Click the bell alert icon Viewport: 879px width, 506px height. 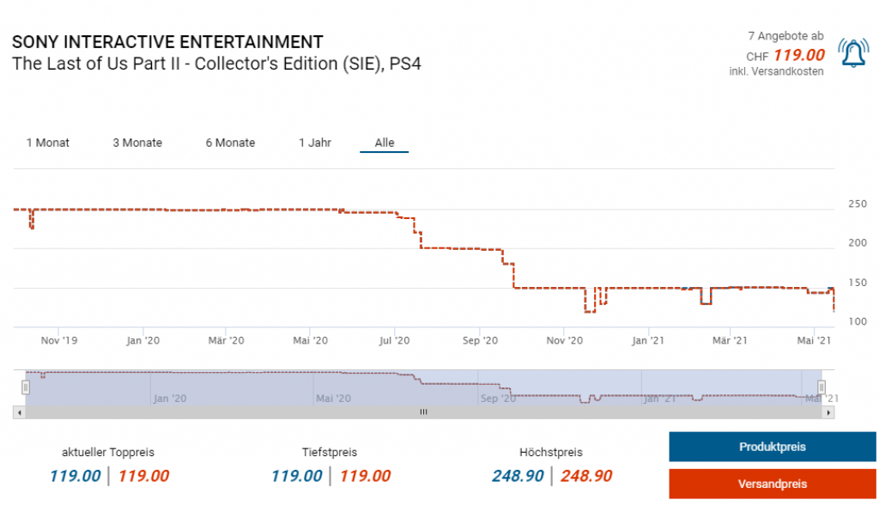coord(853,53)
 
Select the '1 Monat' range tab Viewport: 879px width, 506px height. coord(48,143)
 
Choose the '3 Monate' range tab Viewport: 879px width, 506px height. coord(137,143)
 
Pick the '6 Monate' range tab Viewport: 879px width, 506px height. coord(230,143)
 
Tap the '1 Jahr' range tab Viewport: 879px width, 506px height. coord(315,143)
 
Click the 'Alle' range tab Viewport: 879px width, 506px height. coord(385,143)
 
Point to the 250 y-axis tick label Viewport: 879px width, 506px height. coord(857,204)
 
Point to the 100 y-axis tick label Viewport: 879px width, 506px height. coord(857,321)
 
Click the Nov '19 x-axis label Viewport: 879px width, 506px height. coord(58,341)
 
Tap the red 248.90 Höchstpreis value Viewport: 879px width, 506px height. coord(586,476)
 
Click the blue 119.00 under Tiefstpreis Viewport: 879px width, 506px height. coord(296,476)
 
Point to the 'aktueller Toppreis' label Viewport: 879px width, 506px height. coord(108,452)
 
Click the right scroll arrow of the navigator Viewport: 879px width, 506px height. coord(828,412)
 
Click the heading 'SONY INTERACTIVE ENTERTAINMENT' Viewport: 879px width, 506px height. coord(167,41)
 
